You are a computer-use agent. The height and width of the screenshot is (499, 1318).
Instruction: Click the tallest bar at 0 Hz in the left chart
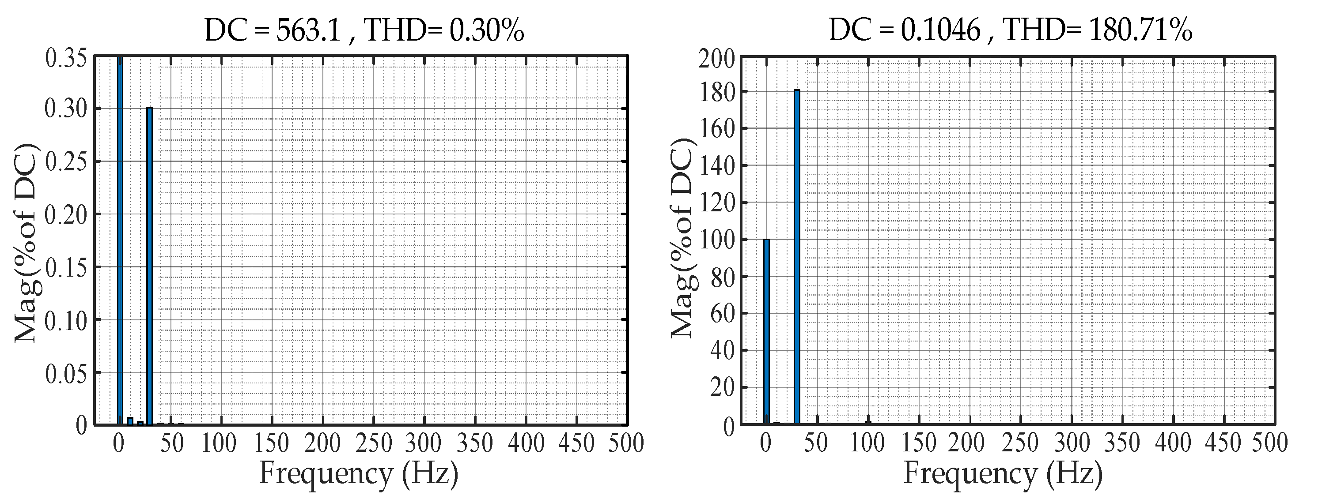(x=120, y=240)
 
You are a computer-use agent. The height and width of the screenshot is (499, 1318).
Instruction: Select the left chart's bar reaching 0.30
(x=149, y=266)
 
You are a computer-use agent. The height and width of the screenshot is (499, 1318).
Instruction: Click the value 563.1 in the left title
(x=308, y=31)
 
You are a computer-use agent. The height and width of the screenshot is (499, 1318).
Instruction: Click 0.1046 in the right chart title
(x=940, y=31)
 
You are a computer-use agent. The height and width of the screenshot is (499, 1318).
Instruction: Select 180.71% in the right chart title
(x=1140, y=31)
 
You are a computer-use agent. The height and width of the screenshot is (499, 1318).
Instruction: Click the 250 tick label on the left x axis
(x=374, y=443)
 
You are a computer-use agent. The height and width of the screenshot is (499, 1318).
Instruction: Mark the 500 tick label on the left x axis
(x=626, y=443)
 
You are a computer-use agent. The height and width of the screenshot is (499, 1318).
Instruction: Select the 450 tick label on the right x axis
(x=1223, y=443)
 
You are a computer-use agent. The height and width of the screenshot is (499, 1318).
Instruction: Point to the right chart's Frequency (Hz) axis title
(x=1003, y=473)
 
